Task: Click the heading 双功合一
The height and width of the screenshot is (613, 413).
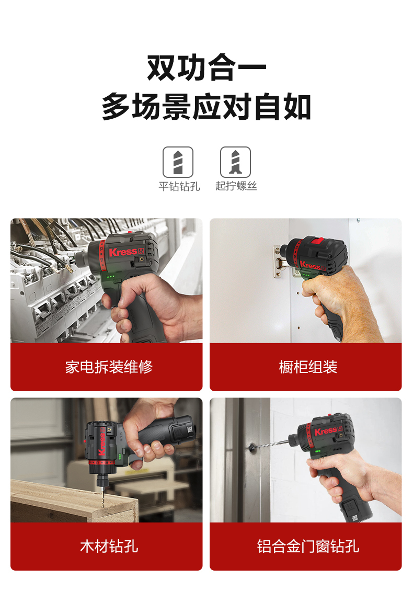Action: [x=206, y=67]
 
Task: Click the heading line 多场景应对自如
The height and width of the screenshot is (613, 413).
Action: [x=206, y=106]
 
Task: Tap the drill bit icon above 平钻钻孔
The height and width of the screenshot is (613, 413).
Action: [x=178, y=162]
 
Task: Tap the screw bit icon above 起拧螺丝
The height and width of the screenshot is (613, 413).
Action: [x=235, y=162]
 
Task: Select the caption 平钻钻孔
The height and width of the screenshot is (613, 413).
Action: [x=179, y=186]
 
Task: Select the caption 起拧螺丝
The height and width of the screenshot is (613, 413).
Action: [x=236, y=186]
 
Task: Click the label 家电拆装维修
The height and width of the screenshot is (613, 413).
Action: [x=109, y=367]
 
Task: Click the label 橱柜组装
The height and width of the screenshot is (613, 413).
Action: [x=308, y=367]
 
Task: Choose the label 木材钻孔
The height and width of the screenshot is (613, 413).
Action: [x=109, y=546]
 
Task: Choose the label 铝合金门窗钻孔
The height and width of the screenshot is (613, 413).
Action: [x=308, y=546]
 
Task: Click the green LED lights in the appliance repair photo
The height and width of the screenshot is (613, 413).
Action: [x=111, y=276]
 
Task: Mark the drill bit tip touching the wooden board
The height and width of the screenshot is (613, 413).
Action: [x=103, y=504]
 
